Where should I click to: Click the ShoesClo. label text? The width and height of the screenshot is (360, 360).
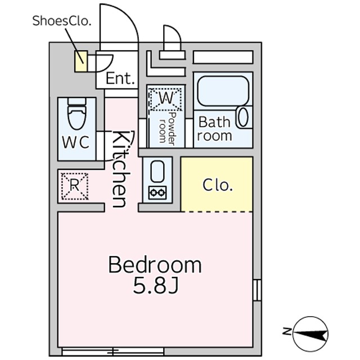[62, 21]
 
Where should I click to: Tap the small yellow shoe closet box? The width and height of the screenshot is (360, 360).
[81, 61]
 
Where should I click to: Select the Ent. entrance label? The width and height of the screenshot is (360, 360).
[120, 79]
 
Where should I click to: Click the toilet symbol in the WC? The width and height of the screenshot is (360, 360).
[77, 114]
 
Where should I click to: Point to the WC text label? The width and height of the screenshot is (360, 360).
[76, 142]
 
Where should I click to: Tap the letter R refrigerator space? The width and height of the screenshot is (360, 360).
[75, 186]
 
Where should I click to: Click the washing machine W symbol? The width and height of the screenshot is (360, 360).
[166, 99]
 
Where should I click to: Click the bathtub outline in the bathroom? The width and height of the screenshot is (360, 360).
[223, 91]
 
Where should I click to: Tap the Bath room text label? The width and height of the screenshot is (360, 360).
[214, 129]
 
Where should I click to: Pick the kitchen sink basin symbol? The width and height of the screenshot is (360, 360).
[156, 171]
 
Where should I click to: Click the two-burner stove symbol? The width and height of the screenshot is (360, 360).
[157, 192]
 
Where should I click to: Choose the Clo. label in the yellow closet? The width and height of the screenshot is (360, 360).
[218, 185]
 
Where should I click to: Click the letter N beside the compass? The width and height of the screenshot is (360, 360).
[286, 331]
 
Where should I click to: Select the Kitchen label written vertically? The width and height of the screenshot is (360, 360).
[120, 169]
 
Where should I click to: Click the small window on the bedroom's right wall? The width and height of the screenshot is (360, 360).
[257, 290]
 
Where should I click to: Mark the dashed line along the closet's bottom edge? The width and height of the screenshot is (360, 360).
[217, 211]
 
